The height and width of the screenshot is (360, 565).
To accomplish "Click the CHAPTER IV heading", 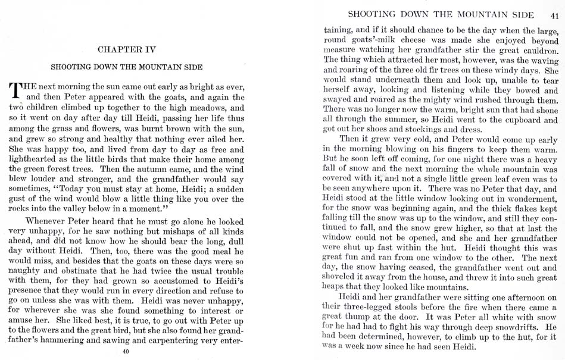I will click(126, 49).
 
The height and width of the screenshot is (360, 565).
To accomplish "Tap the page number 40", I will click(125, 352).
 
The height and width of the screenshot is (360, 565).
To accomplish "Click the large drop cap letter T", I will click(17, 90).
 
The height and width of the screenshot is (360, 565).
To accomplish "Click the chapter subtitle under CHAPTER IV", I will click(126, 67).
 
